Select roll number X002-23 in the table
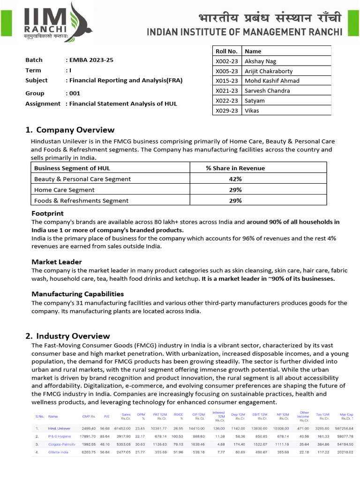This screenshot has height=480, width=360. pyautogui.click(x=226, y=61)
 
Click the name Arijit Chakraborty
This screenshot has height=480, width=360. pyautogui.click(x=269, y=71)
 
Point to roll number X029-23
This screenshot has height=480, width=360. pyautogui.click(x=226, y=111)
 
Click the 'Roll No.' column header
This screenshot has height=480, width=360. pyautogui.click(x=226, y=51)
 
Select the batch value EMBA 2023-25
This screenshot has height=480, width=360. pyautogui.click(x=91, y=60)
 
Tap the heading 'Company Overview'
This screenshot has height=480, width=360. pyautogui.click(x=75, y=130)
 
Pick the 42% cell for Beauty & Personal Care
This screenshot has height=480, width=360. pyautogui.click(x=235, y=179)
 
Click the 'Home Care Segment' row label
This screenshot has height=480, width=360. pyautogui.click(x=64, y=190)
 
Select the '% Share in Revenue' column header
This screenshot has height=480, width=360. pyautogui.click(x=235, y=168)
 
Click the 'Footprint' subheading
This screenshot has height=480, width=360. pyautogui.click(x=47, y=214)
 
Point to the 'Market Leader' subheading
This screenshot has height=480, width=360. pyautogui.click(x=57, y=262)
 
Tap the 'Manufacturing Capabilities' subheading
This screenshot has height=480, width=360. pyautogui.click(x=78, y=294)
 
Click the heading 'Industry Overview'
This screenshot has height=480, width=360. pyautogui.click(x=73, y=336)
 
